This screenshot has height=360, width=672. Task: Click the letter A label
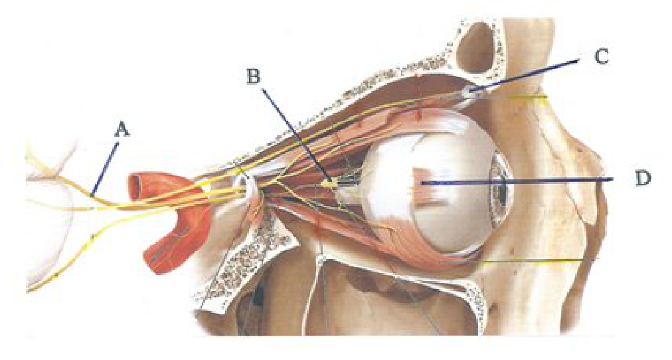click(x=122, y=129)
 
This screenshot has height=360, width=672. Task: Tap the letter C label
click(x=602, y=56)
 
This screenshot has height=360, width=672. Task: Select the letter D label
click(x=642, y=178)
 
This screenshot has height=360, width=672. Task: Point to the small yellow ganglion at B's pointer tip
click(x=329, y=183)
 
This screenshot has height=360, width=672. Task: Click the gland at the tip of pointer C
click(x=469, y=92)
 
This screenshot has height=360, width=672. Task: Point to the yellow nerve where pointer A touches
click(x=92, y=197)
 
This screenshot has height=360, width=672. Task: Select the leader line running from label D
click(x=516, y=182)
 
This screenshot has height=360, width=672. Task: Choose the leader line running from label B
click(x=295, y=134)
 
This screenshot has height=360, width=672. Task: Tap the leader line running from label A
click(x=106, y=170)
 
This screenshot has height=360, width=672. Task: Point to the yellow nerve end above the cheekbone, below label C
click(x=531, y=98)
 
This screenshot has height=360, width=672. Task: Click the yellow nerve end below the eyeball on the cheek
click(x=536, y=262)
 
